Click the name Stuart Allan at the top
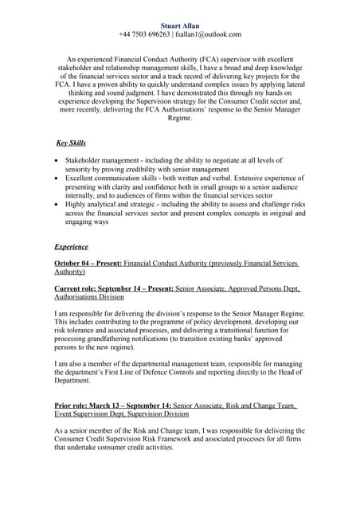click(179, 25)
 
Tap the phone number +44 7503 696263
click(143, 34)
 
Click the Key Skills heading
click(71, 143)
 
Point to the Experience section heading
click(71, 246)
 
